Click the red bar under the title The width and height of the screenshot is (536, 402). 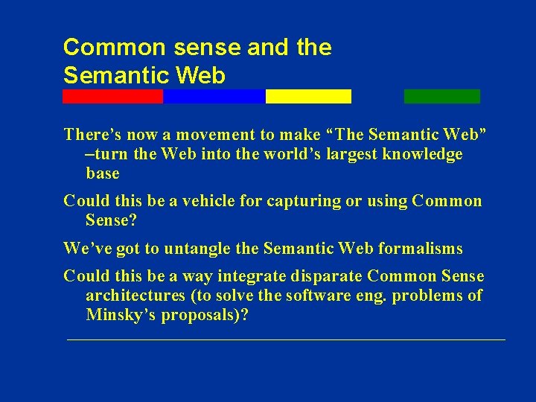coord(112,96)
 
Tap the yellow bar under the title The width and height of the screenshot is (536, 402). coord(308,96)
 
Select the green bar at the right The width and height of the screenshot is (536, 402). coord(442,96)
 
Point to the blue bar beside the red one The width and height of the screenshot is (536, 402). coord(214,96)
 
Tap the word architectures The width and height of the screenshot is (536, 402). coord(135,296)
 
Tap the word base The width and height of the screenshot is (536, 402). coord(103,173)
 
